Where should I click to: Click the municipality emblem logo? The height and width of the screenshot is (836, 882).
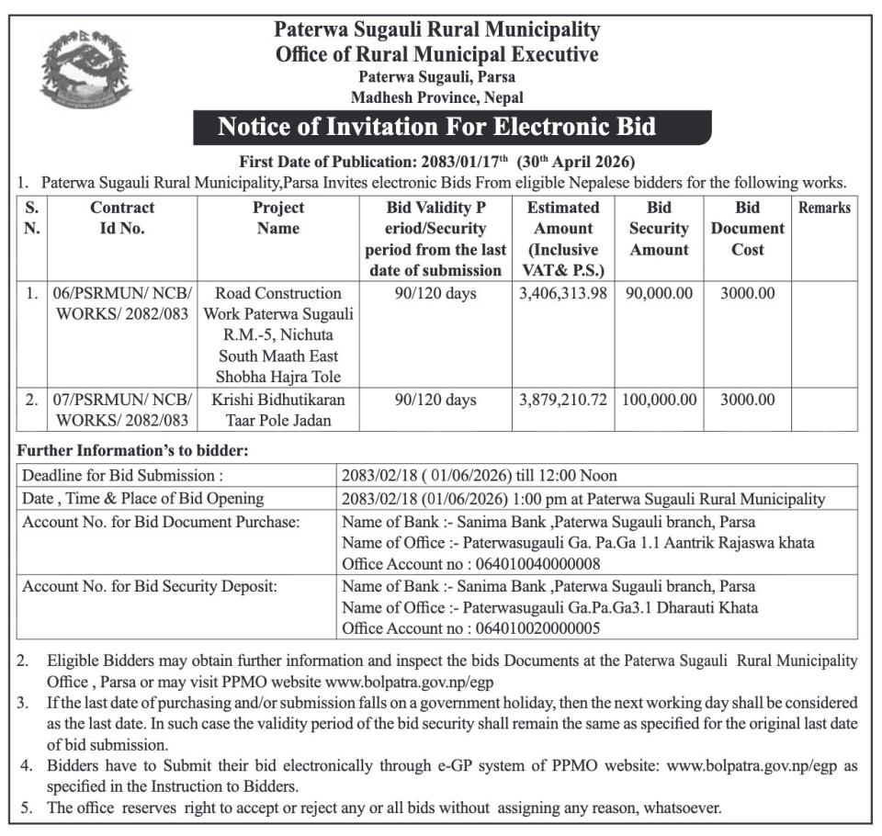tap(85, 68)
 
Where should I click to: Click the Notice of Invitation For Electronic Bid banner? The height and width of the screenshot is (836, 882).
tap(451, 127)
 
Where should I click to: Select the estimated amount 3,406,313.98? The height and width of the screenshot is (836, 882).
tap(563, 294)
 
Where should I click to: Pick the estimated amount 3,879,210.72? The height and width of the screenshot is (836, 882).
tap(563, 401)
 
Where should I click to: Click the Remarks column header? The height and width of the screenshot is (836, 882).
tap(824, 208)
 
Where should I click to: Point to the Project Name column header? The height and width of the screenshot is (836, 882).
tap(278, 218)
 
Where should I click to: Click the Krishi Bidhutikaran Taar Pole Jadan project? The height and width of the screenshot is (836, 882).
tap(278, 411)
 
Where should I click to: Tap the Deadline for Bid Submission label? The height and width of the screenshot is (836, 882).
tap(122, 476)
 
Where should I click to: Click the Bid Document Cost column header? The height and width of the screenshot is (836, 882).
tap(747, 229)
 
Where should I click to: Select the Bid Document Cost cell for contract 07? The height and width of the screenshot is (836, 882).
tap(747, 401)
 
